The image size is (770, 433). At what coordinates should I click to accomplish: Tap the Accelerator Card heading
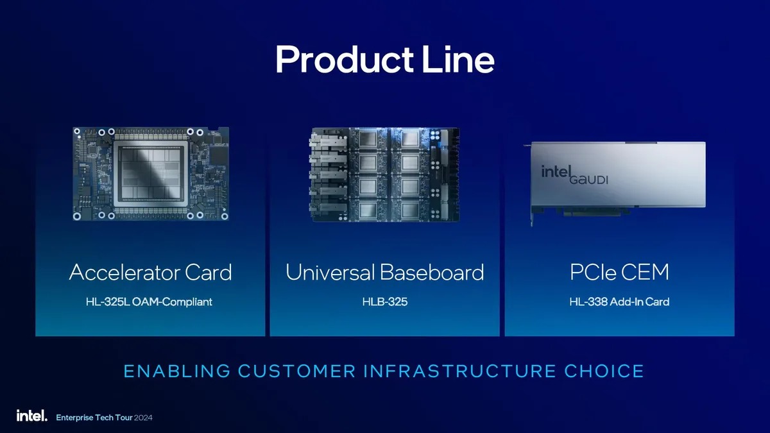[x=150, y=273]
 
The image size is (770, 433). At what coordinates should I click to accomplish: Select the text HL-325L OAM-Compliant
[x=149, y=301]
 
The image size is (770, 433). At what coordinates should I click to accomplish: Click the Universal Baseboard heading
[x=384, y=273]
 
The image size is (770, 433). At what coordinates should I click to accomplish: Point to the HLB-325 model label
[x=384, y=301]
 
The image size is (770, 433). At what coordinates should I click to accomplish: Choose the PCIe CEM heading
[x=619, y=273]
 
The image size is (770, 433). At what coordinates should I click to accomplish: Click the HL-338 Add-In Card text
[x=619, y=301]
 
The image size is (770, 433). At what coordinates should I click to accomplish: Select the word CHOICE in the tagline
[x=604, y=371]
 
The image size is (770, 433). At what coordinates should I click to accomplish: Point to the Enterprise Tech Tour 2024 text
[x=105, y=418]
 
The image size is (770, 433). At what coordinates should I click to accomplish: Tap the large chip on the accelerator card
[x=150, y=173]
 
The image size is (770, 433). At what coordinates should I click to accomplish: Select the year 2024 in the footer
[x=143, y=418]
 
